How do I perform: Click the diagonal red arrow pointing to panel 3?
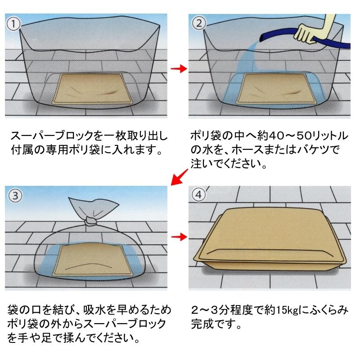tap(180, 177)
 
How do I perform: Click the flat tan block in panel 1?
tap(93, 88)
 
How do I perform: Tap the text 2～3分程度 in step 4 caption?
tap(224, 310)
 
